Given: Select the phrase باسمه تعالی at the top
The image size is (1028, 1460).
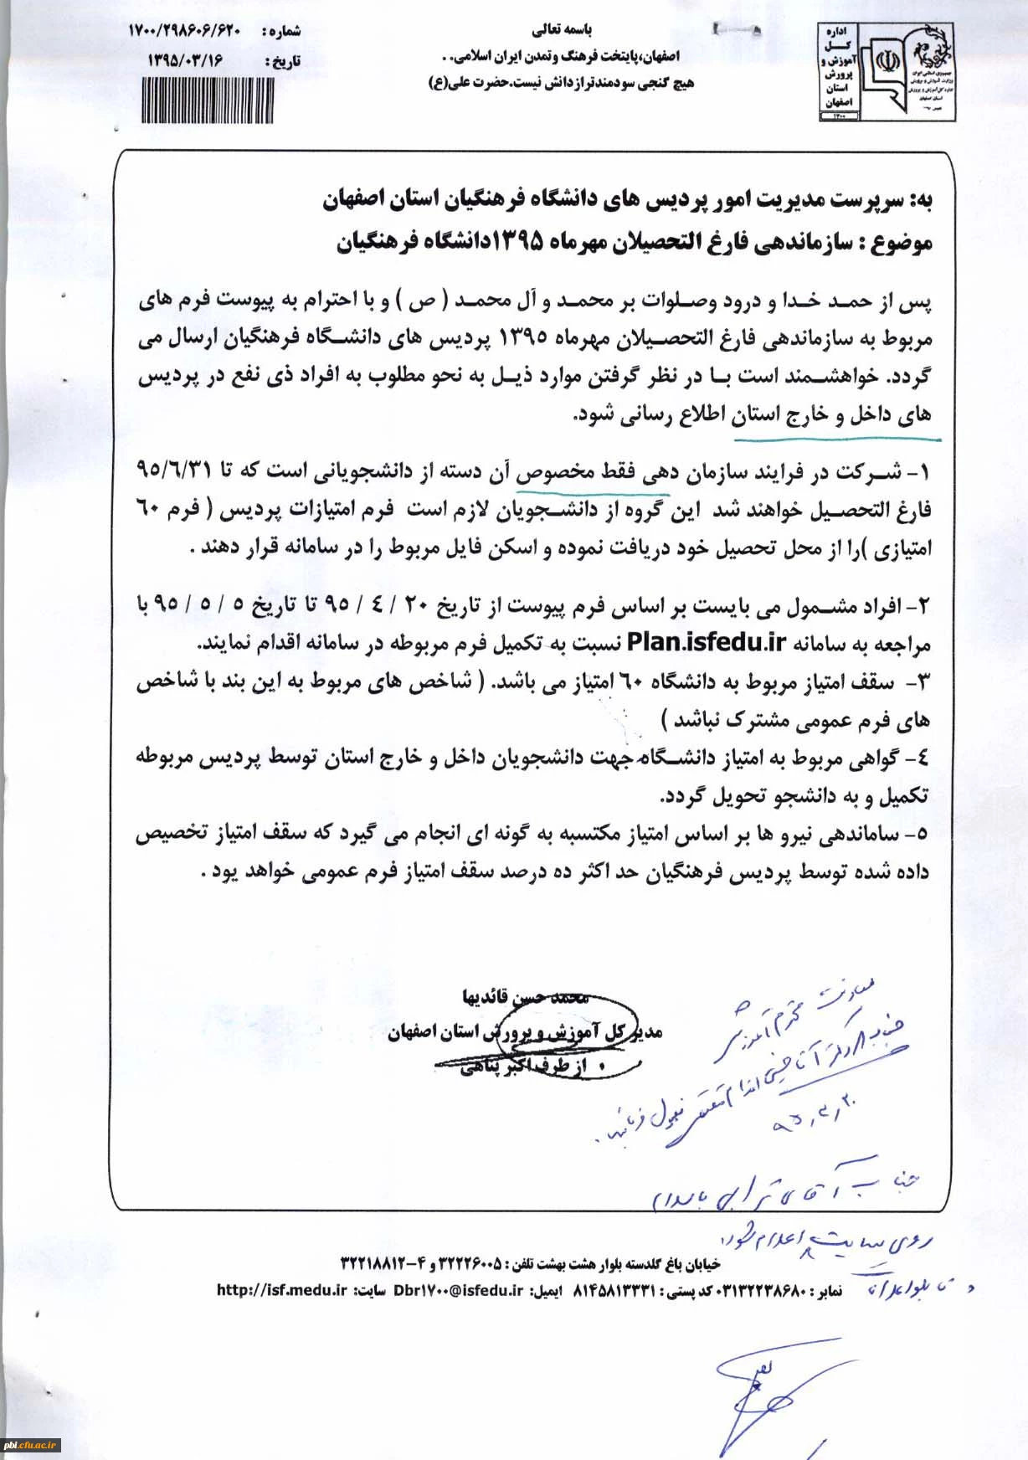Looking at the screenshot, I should pos(563,30).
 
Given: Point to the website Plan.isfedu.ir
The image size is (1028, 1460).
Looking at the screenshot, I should pos(707,643).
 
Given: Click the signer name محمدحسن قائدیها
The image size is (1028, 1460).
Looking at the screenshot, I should pos(526,997).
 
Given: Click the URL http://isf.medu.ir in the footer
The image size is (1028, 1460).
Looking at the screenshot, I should pos(281,1290).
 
